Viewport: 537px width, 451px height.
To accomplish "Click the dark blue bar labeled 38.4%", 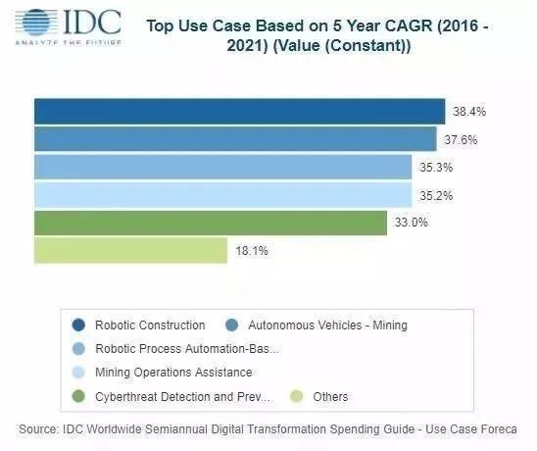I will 239,111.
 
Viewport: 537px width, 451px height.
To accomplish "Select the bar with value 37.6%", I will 235,139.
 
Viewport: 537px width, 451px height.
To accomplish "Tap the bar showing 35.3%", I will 222,167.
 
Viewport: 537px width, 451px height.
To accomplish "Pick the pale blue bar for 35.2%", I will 222,194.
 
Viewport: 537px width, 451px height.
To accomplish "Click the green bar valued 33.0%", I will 211,223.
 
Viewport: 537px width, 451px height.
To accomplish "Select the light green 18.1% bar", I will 130,251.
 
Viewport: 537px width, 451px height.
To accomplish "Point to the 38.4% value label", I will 469,112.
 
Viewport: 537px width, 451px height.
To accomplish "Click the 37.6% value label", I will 461,139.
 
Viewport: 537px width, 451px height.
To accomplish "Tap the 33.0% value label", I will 412,223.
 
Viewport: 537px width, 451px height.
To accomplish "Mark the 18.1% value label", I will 252,251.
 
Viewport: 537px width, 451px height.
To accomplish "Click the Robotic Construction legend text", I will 150,325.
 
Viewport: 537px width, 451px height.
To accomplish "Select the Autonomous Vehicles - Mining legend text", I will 327,325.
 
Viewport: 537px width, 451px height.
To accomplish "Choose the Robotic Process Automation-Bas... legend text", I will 186,348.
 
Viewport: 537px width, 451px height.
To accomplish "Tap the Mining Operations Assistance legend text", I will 173,373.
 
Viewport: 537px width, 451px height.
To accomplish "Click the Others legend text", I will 329,396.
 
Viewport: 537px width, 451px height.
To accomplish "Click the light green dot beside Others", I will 297,396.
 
